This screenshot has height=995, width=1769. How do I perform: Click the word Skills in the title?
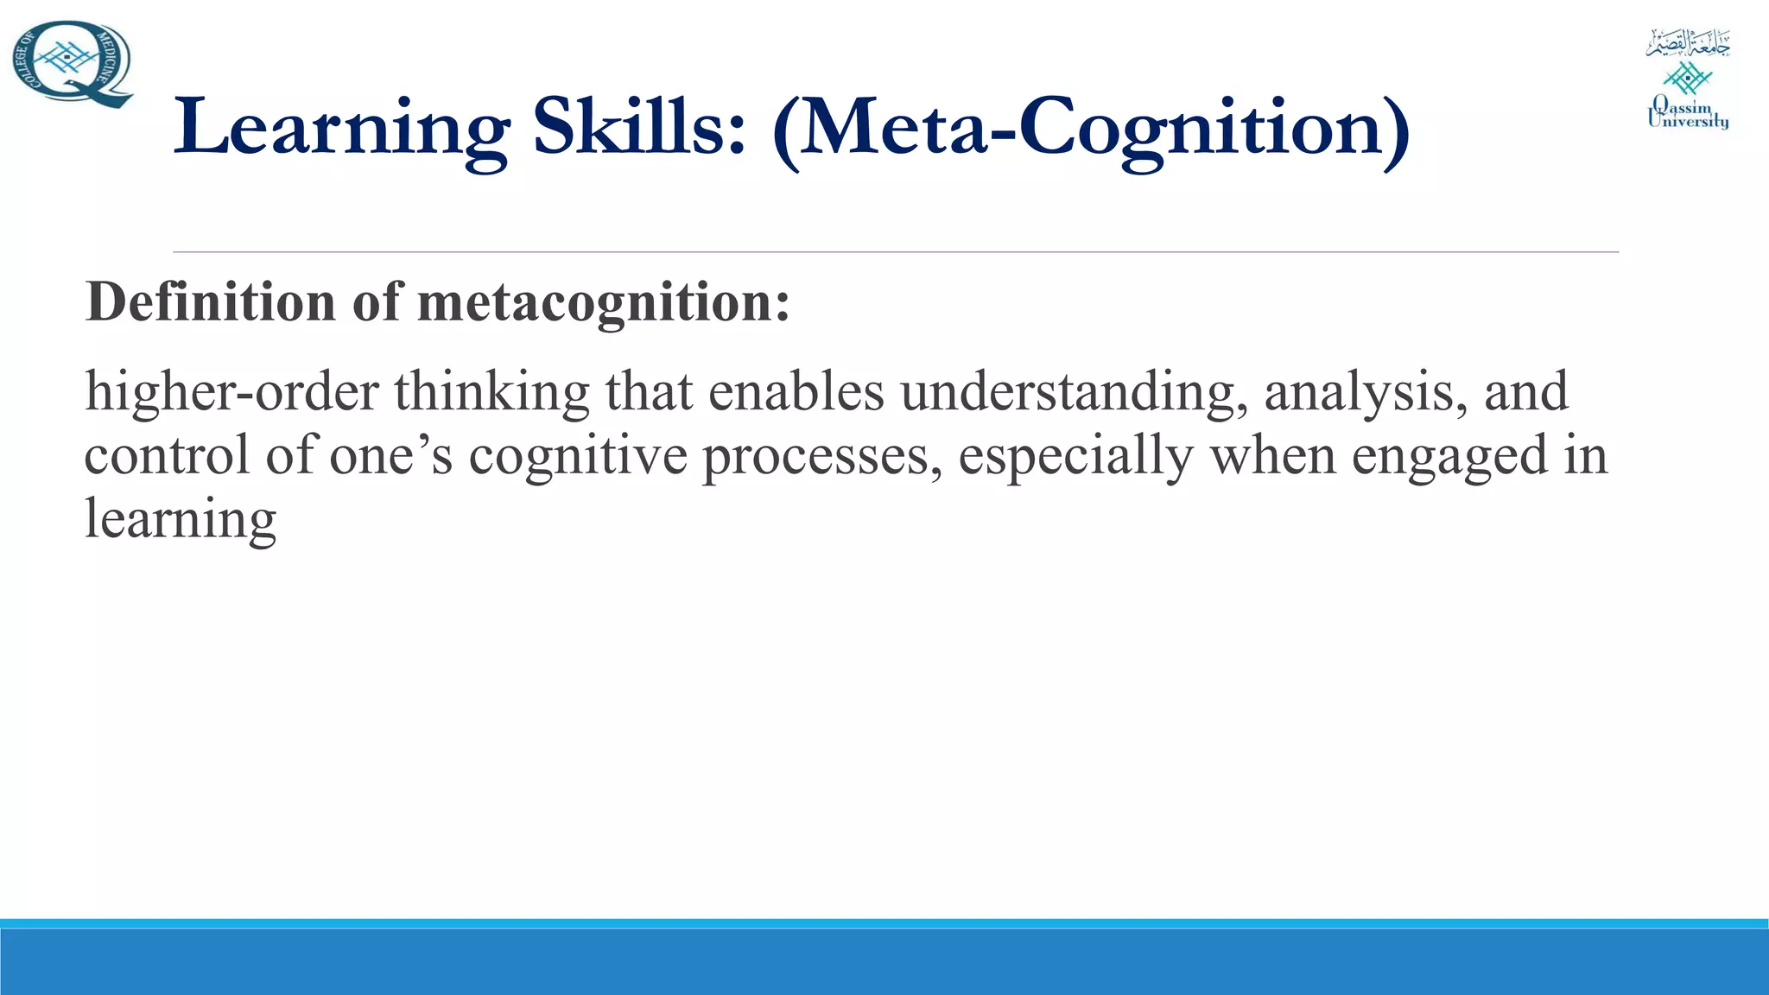tap(639, 128)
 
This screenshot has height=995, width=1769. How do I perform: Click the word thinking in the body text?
tap(492, 392)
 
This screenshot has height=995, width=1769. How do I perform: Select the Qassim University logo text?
tap(1688, 114)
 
